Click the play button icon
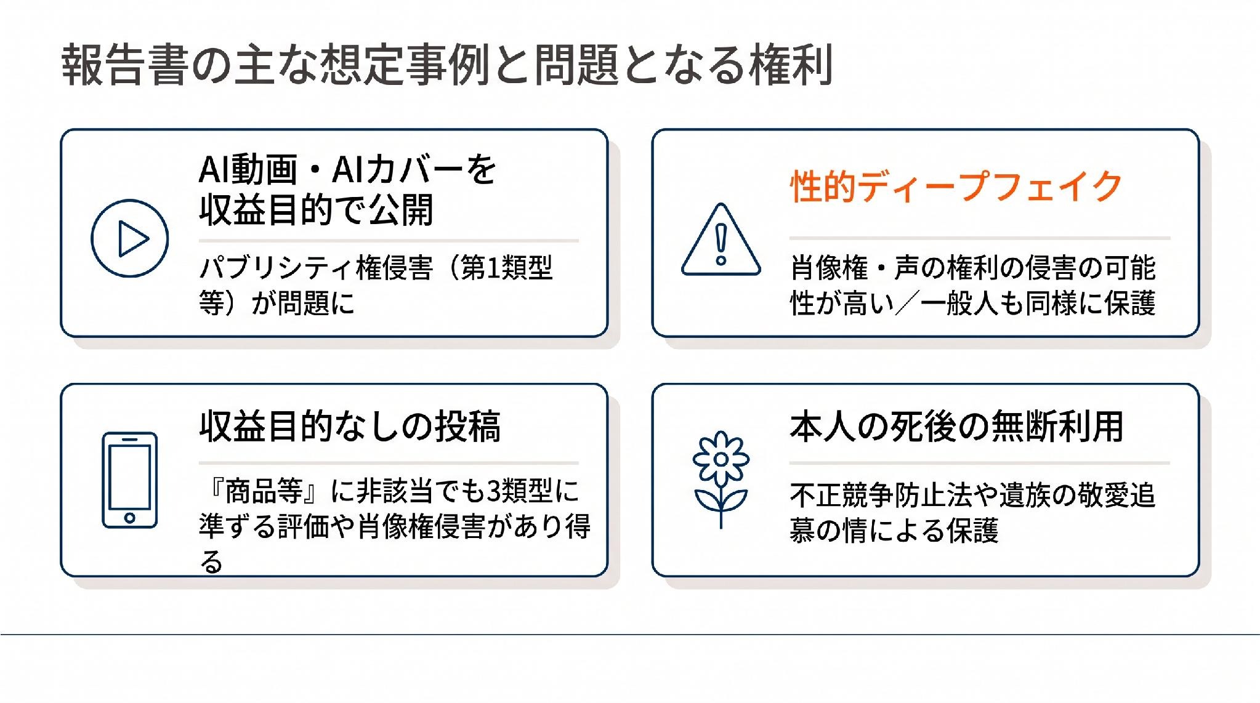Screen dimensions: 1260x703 129,238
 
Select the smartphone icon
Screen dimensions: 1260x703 129,480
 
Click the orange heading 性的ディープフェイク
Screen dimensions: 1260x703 956,186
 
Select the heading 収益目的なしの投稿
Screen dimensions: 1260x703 350,426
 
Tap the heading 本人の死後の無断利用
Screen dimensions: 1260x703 956,426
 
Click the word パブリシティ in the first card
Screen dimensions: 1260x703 277,268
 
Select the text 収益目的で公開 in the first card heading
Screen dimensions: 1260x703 317,210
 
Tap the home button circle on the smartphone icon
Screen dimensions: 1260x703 129,518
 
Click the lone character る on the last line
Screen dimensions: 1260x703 211,561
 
